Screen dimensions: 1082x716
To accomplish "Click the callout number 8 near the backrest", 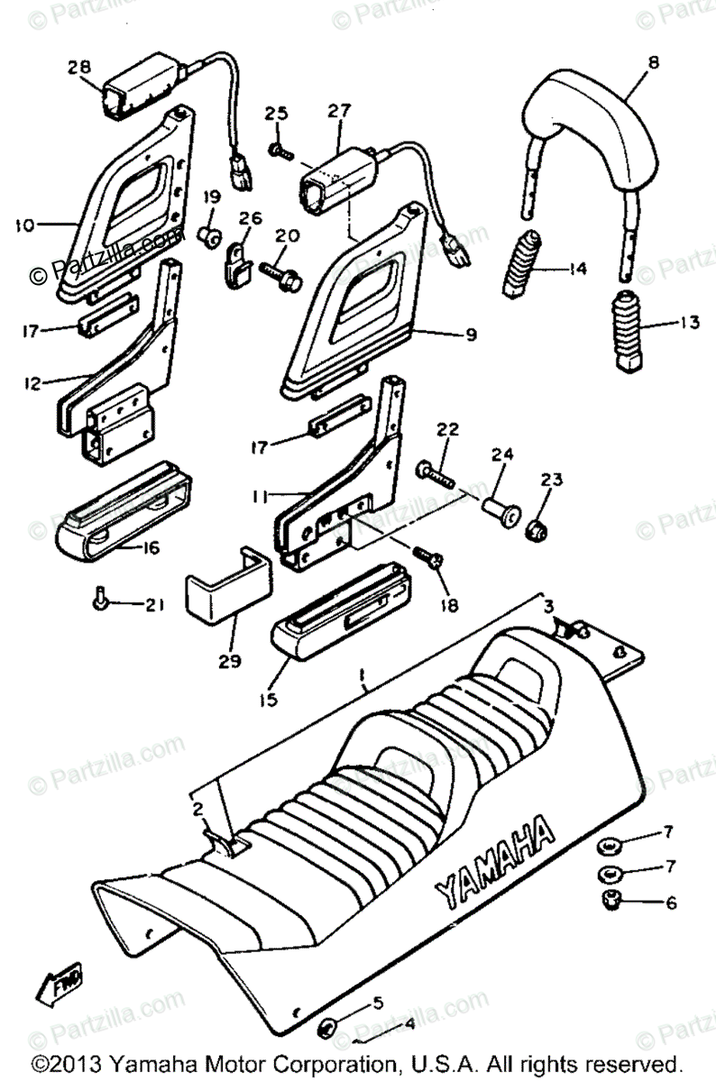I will (x=653, y=62).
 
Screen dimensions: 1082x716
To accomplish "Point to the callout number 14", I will (x=577, y=269).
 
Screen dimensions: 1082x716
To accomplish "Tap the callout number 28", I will (x=79, y=68).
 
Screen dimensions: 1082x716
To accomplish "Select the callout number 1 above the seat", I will (x=361, y=674).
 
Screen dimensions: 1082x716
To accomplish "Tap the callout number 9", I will (x=470, y=335).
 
